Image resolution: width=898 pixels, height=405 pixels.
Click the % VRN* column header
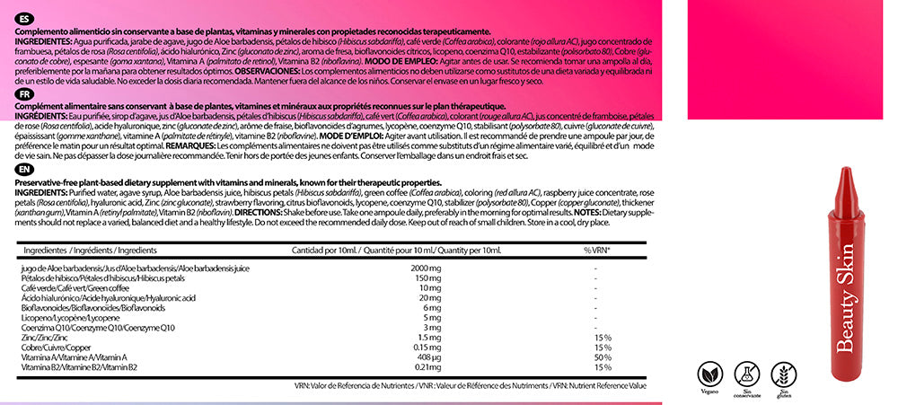[x=597, y=250]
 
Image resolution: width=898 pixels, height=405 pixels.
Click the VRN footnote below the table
[x=470, y=385]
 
